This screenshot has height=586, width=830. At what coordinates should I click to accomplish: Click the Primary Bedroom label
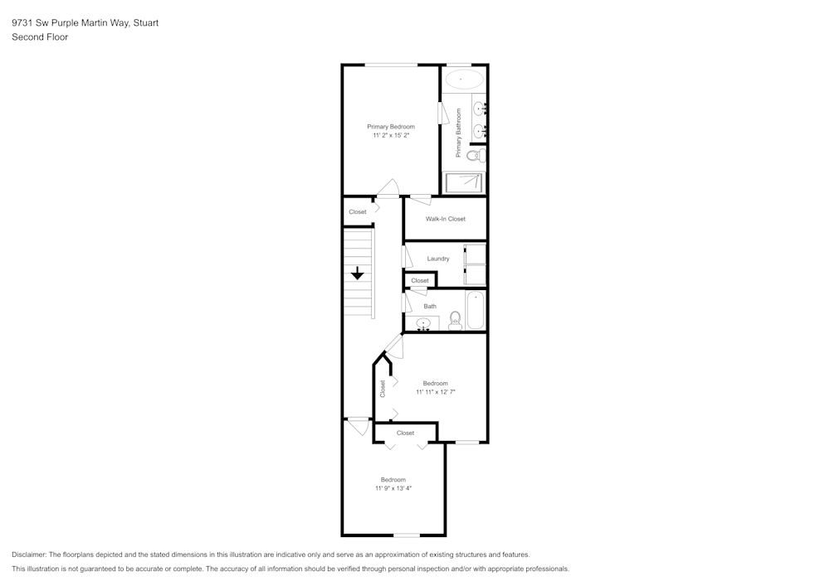coord(391,127)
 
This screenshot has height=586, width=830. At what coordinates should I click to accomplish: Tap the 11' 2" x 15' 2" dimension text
coord(391,135)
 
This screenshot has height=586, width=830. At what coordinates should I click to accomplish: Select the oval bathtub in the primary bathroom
coord(464,80)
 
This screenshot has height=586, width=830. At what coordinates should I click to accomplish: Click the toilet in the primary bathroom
coord(474,155)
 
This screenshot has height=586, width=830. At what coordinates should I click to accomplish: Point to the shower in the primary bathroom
coord(463,182)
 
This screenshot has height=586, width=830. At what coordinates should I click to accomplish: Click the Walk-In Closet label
coord(446,219)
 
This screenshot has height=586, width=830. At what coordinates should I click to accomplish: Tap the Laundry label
coord(438,259)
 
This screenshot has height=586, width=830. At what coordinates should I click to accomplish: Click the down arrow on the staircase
coord(358,274)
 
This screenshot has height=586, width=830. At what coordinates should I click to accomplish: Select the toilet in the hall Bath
coord(455,320)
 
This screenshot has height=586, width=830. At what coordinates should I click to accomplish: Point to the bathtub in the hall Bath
coord(475,310)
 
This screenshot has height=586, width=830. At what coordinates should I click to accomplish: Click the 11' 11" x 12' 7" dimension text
coord(435,392)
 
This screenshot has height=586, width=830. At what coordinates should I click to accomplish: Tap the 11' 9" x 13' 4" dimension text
coord(393,488)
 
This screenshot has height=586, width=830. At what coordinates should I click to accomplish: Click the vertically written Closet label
coord(383,388)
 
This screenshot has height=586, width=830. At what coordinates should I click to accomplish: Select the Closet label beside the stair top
coord(357,212)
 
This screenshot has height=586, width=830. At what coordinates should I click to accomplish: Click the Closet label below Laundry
coord(420,280)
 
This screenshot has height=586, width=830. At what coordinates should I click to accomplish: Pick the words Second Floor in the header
coord(40,37)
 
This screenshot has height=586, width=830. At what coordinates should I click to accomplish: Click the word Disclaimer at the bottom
coord(29,555)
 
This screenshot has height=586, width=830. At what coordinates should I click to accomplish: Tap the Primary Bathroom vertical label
coord(457,133)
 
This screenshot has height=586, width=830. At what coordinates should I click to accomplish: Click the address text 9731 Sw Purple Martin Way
coord(70,23)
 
